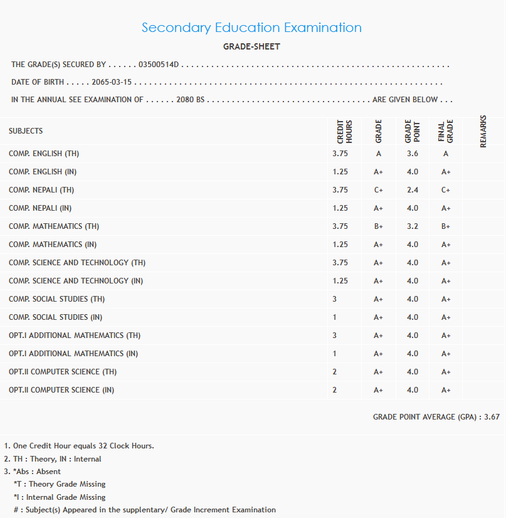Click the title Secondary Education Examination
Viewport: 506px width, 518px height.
point(251,28)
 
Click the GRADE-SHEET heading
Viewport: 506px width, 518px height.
point(251,47)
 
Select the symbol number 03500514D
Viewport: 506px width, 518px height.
point(159,65)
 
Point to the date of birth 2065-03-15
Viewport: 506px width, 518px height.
point(112,82)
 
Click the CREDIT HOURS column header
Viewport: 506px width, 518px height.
point(345,131)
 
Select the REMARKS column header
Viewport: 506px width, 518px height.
point(483,131)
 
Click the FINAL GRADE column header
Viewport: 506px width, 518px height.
point(445,131)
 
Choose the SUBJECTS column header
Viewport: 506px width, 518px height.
point(26,131)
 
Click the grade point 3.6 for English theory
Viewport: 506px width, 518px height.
point(412,154)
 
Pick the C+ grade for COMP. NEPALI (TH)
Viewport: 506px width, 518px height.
point(379,190)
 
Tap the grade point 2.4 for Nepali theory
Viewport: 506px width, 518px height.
point(412,190)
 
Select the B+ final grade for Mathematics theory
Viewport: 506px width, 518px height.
point(446,226)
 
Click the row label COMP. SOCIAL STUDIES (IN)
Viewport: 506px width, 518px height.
point(56,317)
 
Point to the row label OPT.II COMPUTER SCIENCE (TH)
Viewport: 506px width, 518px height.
point(63,372)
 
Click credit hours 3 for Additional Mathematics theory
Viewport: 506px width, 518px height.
point(335,336)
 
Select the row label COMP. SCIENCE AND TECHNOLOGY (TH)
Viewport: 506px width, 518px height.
point(77,263)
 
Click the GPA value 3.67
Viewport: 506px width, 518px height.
point(492,416)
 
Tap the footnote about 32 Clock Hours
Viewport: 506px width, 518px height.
point(83,446)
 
